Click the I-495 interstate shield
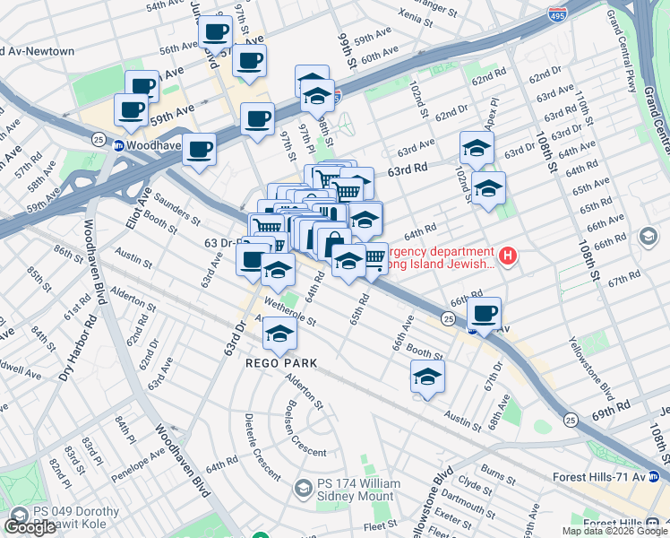555,13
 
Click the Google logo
30,527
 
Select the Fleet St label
381,525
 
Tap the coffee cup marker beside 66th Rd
485,314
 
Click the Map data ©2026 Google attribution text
615,531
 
